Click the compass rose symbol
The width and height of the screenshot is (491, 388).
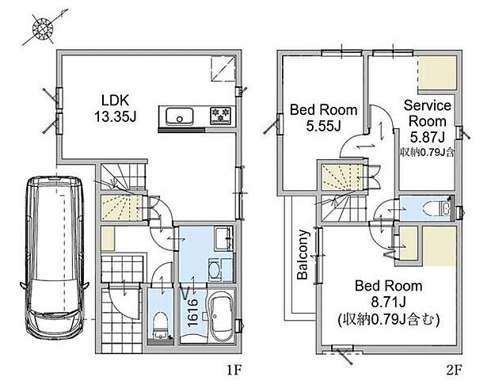pyautogui.click(x=43, y=29)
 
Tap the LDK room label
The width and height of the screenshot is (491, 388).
pyautogui.click(x=116, y=101)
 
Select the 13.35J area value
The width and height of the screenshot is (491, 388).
pyautogui.click(x=116, y=117)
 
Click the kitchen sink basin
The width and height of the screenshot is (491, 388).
pyautogui.click(x=179, y=116)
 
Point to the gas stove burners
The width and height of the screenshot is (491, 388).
pyautogui.click(x=220, y=116)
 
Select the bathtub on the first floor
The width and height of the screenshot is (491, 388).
pyautogui.click(x=221, y=318)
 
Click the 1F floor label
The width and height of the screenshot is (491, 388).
pyautogui.click(x=234, y=371)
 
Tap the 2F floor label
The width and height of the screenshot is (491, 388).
pyautogui.click(x=454, y=371)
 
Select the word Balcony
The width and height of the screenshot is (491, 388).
pyautogui.click(x=303, y=254)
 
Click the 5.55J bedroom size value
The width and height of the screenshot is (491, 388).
pyautogui.click(x=323, y=127)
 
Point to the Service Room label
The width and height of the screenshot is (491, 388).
pyautogui.click(x=428, y=113)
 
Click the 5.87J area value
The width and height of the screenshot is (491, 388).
pyautogui.click(x=428, y=137)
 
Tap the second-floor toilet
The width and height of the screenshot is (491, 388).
pyautogui.click(x=437, y=207)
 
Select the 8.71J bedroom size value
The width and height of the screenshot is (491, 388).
pyautogui.click(x=389, y=302)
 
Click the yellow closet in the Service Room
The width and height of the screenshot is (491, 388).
pyautogui.click(x=437, y=73)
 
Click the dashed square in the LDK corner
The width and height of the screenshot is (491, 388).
pyautogui.click(x=223, y=69)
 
